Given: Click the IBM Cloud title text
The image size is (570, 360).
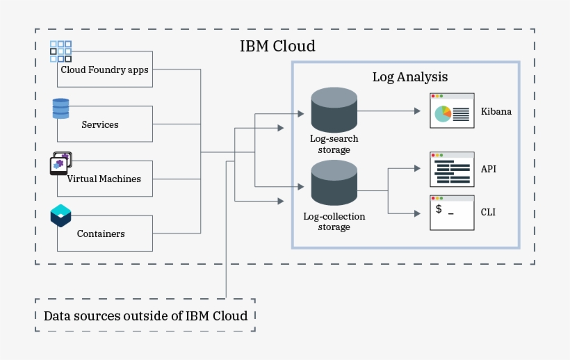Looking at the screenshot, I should click(277, 47).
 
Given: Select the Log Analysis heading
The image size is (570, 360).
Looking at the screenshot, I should click(410, 76).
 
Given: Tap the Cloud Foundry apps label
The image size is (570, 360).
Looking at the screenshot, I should click(104, 69).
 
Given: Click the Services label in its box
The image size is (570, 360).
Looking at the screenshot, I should click(100, 125).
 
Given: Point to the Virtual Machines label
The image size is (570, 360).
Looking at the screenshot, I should click(104, 179).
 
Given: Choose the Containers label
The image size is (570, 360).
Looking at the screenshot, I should click(101, 234).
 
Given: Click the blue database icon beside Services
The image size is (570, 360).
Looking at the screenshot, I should click(60, 109).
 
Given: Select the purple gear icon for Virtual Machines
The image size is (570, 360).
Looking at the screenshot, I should click(60, 163).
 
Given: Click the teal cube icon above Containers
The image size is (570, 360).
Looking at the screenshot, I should click(60, 216).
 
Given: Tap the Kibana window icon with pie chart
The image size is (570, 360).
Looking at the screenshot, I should click(452, 111).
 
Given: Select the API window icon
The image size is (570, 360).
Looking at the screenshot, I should click(452, 170).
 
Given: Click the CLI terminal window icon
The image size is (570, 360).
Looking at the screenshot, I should click(452, 213).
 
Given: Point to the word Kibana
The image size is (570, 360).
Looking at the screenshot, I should click(496, 111).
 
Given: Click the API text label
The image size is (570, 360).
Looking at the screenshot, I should click(489, 169).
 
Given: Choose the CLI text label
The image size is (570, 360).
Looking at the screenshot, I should click(489, 212).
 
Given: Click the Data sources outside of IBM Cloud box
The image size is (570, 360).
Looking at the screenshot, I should click(145, 316).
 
